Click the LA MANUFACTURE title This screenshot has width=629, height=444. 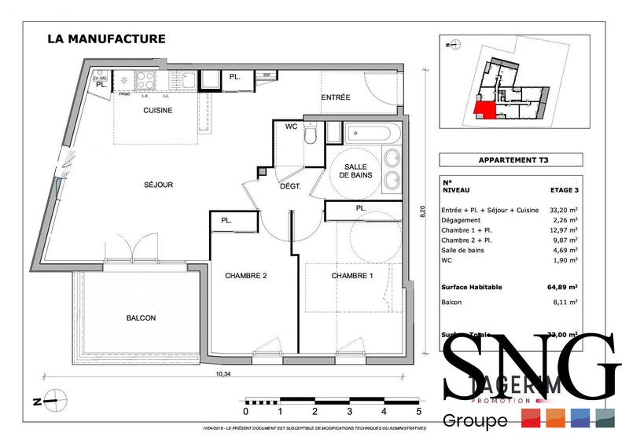[106, 38]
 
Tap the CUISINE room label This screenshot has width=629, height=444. [157, 110]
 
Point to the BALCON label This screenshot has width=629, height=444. [141, 318]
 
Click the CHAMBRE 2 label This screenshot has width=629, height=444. [247, 276]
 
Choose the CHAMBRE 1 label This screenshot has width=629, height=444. [353, 276]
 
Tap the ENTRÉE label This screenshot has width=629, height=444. [336, 97]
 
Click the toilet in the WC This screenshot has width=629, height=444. [312, 138]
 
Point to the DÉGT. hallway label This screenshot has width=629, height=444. [292, 187]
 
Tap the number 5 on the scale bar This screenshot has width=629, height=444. [419, 411]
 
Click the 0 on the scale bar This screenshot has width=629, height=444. [245, 411]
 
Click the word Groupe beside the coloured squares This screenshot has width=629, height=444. [476, 421]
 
